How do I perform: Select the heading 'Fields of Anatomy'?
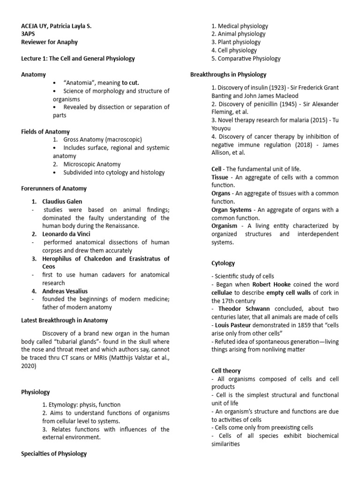[45, 132]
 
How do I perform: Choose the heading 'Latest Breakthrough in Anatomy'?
[65, 321]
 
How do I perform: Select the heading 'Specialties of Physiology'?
[54, 453]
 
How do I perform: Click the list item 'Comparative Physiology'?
[246, 59]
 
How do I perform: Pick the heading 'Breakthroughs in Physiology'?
[228, 75]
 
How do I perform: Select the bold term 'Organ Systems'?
[231, 210]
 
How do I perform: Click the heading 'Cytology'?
[223, 263]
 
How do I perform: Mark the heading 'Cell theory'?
[226, 370]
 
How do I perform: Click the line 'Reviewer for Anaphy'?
[50, 42]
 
